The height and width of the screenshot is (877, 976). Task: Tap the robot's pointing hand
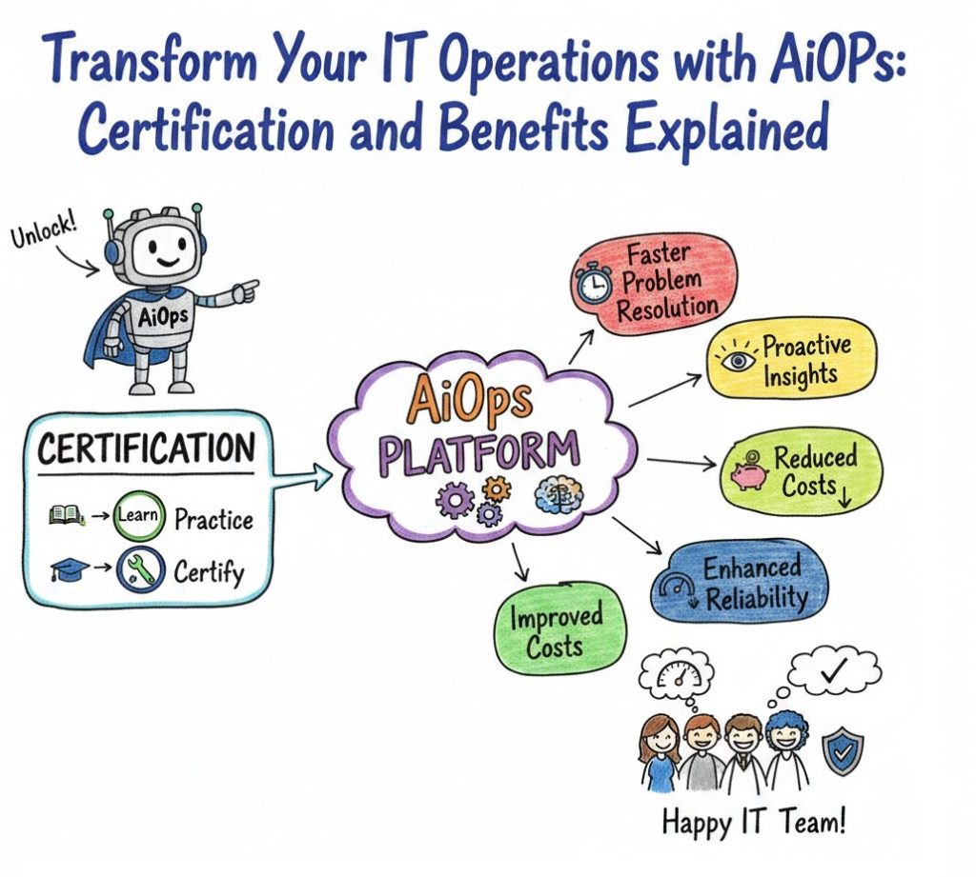coord(245,290)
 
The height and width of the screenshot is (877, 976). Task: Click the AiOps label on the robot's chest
coord(163,317)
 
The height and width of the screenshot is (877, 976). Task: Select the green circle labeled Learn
coord(139,515)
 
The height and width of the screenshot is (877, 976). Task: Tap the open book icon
coord(66,514)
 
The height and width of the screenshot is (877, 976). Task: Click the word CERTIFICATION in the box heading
coord(146,448)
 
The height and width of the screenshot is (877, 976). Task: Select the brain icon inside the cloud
coord(559,493)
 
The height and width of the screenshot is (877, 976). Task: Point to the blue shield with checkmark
coord(843,752)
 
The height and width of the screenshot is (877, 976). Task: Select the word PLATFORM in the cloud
coord(478,454)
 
